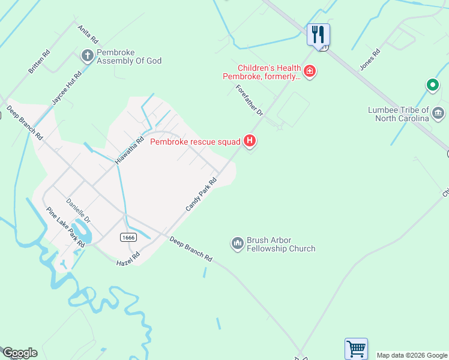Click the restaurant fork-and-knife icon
coord(319,34)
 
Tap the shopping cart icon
coord(356,348)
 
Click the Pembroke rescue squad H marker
coord(250,142)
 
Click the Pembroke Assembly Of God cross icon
coord(87,56)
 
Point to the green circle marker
coord(432,85)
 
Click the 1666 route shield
coord(127,238)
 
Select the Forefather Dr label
coord(249,100)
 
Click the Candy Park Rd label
coord(200,194)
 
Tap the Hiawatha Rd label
coord(130,151)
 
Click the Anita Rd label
coord(87,34)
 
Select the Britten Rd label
coord(39,62)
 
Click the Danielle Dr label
coord(78,211)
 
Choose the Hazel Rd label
coord(128,259)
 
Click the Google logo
coord(19,353)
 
